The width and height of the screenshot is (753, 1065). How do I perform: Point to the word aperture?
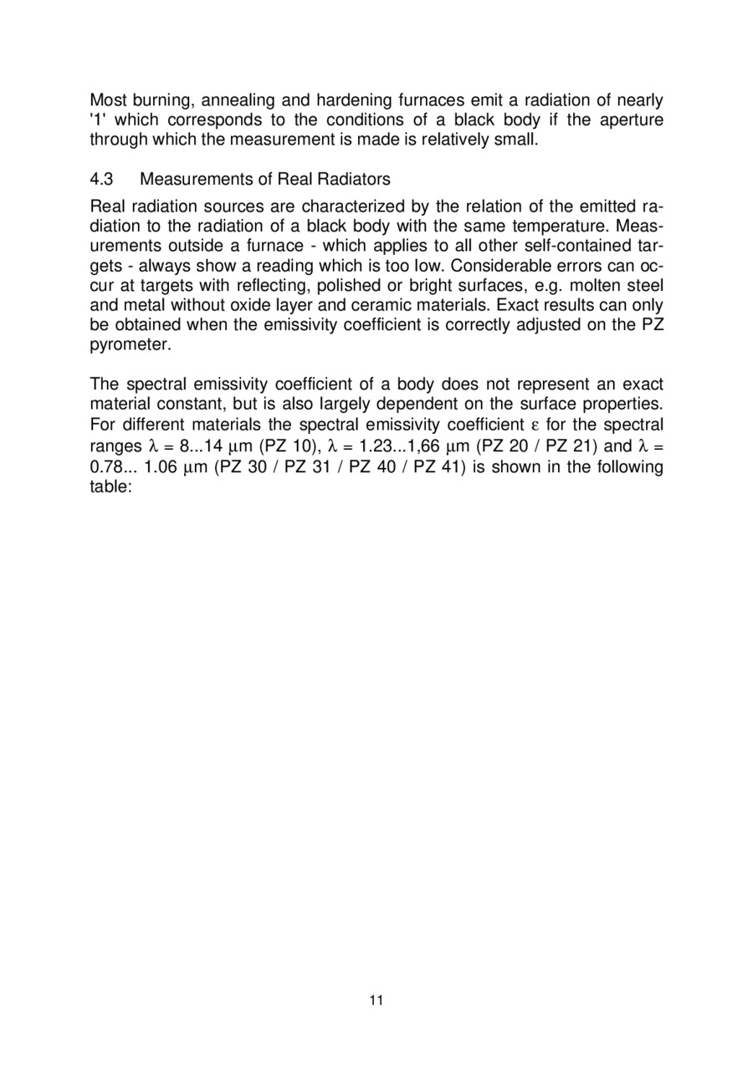(x=627, y=120)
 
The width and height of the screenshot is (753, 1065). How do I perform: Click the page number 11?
(x=376, y=1000)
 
